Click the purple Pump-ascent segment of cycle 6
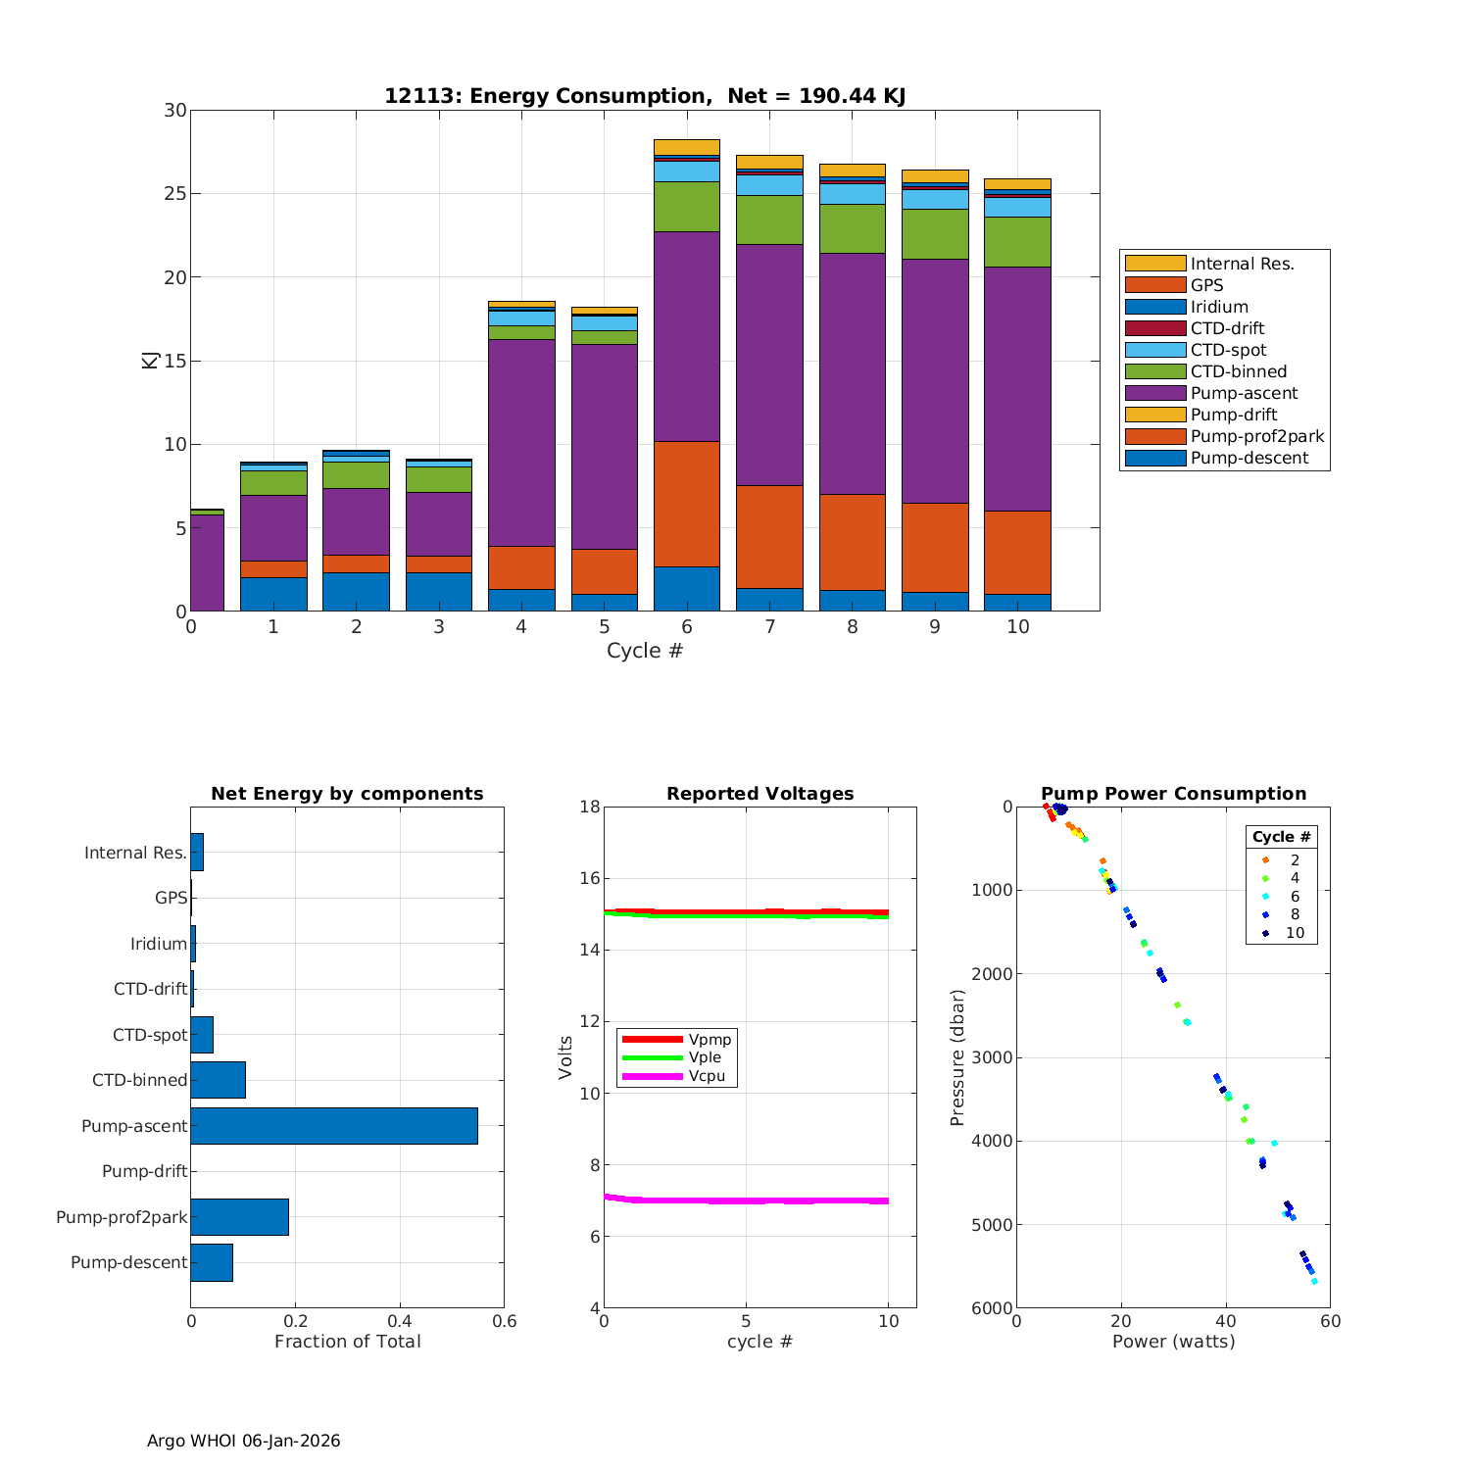coord(686,336)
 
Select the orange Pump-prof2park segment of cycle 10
coord(1017,552)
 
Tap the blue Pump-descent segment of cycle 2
coord(356,591)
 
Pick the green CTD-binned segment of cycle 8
coord(852,228)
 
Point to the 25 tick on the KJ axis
coord(175,194)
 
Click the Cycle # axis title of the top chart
coord(644,651)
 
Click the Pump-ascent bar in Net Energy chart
coord(333,1126)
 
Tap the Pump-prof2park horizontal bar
coord(239,1217)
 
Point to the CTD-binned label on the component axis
coord(139,1080)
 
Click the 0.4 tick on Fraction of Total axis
coord(400,1321)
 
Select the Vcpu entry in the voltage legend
coord(707,1076)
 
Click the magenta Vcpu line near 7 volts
coord(745,1200)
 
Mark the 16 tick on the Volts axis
coord(589,878)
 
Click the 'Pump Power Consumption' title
coord(1173,794)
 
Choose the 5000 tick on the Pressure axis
coord(994,1225)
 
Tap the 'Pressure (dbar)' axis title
coord(957,1056)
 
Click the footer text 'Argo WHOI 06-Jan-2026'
coord(243,1441)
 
